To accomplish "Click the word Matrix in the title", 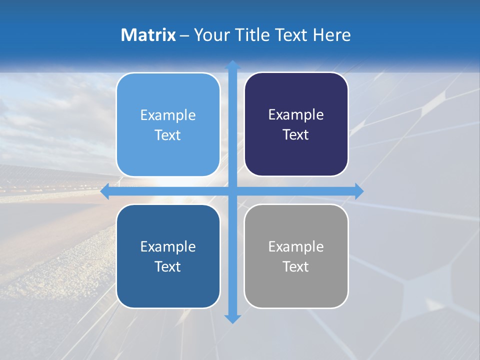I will pos(148,35).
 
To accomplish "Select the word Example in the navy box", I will pos(296,115).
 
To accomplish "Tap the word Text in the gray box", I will pos(296,266).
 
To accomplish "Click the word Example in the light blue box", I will pos(168,115).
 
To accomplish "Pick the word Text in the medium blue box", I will pos(168,266).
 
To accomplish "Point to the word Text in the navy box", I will pos(296,135).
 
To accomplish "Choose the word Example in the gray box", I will pos(296,246).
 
